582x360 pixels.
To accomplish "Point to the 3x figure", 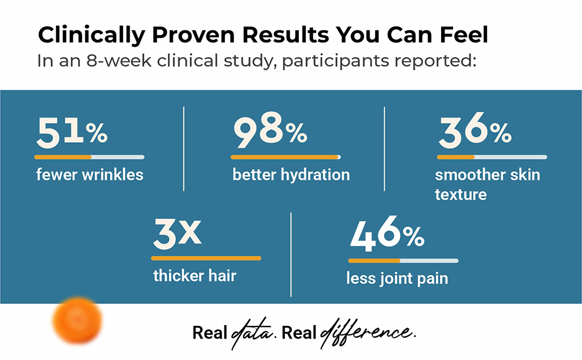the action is (x=177, y=233).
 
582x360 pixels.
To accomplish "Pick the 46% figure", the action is (x=387, y=232).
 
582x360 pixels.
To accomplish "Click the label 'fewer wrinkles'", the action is (x=90, y=175).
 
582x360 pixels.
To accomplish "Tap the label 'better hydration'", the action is (x=291, y=175).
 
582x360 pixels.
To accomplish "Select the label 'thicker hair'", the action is (x=195, y=276).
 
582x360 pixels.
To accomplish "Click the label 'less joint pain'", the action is (x=397, y=279).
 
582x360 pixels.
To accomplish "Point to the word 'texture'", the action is (x=461, y=194).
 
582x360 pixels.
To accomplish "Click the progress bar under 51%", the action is (x=89, y=157).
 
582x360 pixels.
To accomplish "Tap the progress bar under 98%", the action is (x=286, y=157).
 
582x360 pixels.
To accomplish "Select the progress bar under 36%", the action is (x=492, y=157).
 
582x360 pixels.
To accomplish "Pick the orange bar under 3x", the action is (x=206, y=259).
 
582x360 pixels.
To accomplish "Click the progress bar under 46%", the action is (x=403, y=261).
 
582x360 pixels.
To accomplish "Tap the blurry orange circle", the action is (x=77, y=320).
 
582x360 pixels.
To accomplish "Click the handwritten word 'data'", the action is (x=251, y=333).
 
